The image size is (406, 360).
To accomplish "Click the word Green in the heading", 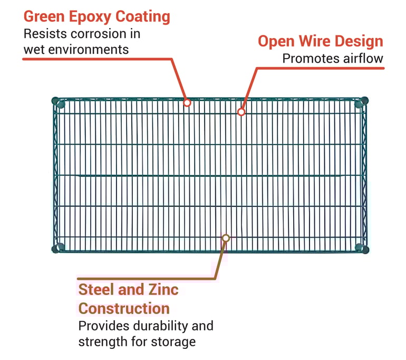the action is pos(44,16).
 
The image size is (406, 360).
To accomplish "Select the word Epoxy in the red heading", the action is pos(90,17).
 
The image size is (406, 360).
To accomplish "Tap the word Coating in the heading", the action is pos(143,17).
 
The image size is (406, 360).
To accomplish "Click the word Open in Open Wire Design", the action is pos(276,42).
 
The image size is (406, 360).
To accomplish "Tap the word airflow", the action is pos(363,59).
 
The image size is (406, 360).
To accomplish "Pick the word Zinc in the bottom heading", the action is pos(163,289).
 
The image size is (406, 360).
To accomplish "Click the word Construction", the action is pos(124,309).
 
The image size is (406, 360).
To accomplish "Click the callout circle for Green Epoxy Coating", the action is pos(187,103).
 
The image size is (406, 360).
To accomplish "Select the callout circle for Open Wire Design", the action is pos(241,112).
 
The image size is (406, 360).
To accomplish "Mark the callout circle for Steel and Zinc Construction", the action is pos(226,238).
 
